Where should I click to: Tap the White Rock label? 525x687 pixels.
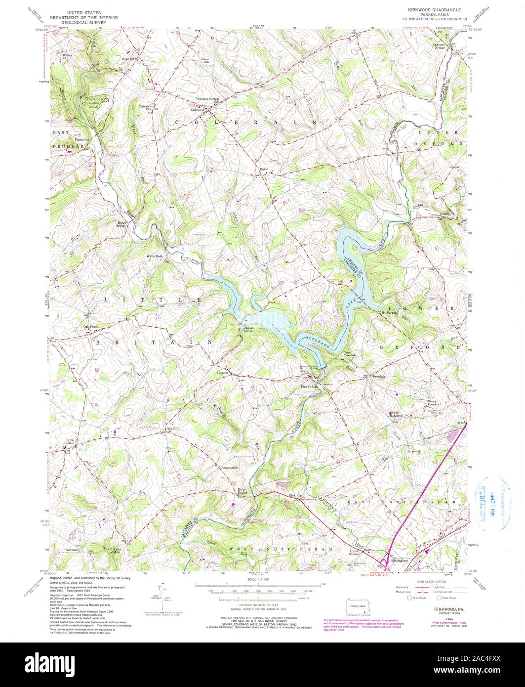click(x=154, y=256)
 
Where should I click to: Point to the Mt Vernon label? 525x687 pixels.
click(x=389, y=312)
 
